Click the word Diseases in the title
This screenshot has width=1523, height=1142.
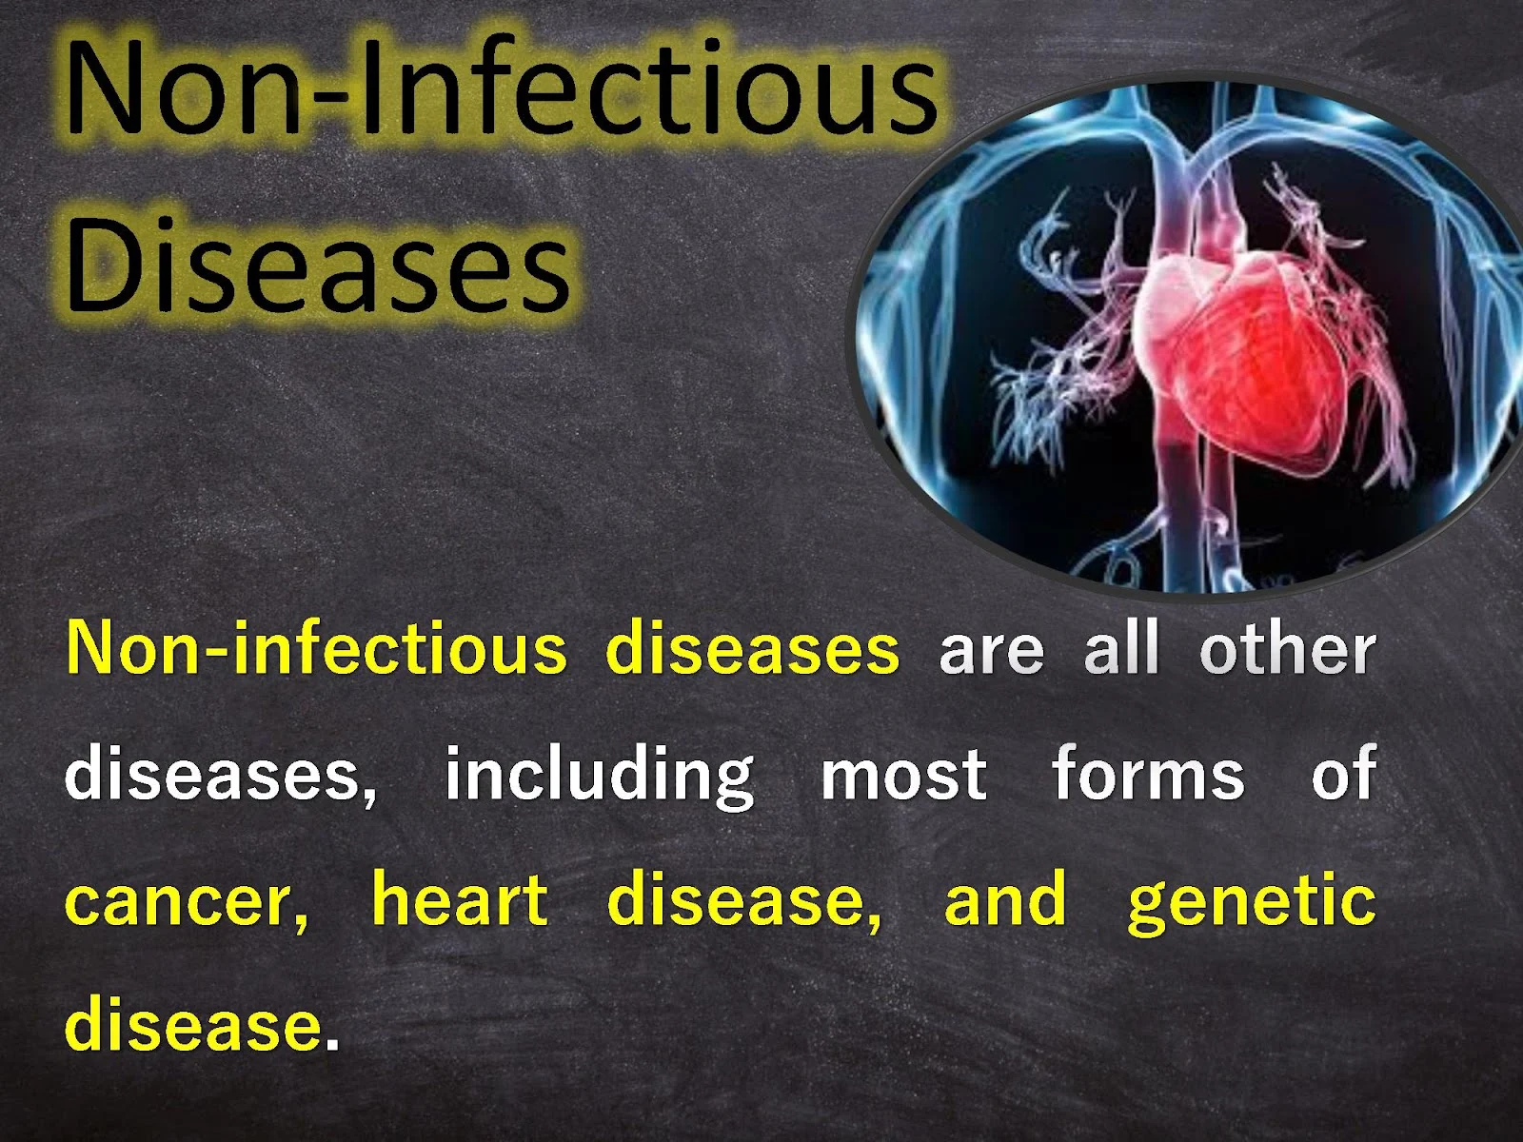point(318,265)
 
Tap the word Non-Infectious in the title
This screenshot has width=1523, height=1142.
point(501,86)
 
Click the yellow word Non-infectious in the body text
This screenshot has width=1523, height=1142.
point(316,648)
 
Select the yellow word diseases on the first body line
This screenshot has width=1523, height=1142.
point(752,648)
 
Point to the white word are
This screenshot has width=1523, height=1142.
point(991,652)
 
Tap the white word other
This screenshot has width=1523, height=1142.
point(1287,648)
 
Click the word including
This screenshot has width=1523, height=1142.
point(599,777)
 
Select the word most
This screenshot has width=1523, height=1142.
point(903,776)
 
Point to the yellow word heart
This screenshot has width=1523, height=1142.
point(460,897)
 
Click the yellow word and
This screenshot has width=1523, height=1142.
point(1004,897)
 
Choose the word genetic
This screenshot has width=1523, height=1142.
point(1252,900)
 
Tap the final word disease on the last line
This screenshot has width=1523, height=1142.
point(193,1025)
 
